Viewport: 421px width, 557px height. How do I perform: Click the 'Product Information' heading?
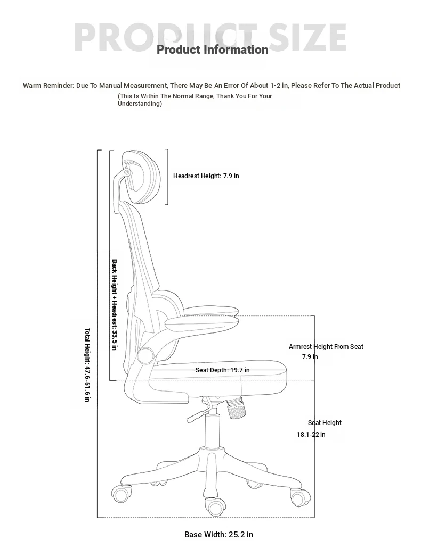point(213,49)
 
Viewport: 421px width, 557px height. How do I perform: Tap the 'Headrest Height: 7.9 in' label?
point(206,176)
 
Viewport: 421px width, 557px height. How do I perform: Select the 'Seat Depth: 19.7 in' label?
point(222,370)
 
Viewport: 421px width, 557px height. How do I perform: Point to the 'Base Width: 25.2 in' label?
point(219,535)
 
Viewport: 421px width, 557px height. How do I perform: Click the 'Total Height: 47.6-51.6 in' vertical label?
point(87,365)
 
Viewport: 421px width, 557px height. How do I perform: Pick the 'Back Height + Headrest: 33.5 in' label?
point(115,304)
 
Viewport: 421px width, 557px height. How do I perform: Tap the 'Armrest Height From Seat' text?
point(326,347)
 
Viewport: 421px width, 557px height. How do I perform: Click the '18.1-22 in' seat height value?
point(311,435)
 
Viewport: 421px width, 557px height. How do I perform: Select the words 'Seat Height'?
point(325,423)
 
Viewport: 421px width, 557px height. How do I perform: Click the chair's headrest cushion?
point(142,177)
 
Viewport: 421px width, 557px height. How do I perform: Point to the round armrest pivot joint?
point(146,355)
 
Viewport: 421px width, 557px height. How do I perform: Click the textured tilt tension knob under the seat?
point(237,408)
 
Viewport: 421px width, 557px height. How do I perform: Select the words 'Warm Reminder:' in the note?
point(48,86)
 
